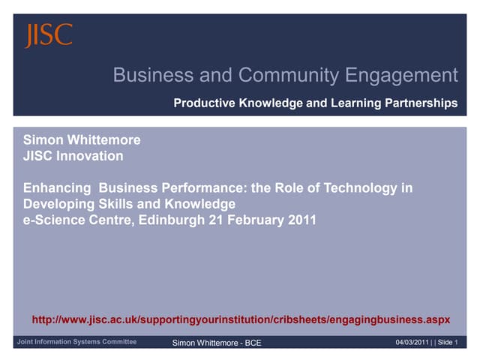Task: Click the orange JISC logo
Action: (49, 34)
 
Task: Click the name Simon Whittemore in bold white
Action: (82, 139)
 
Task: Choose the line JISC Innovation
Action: (73, 156)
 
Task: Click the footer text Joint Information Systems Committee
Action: (77, 342)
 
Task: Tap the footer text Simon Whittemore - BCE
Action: (217, 343)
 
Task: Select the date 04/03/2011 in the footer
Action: (412, 343)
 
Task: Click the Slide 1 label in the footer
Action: (448, 343)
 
